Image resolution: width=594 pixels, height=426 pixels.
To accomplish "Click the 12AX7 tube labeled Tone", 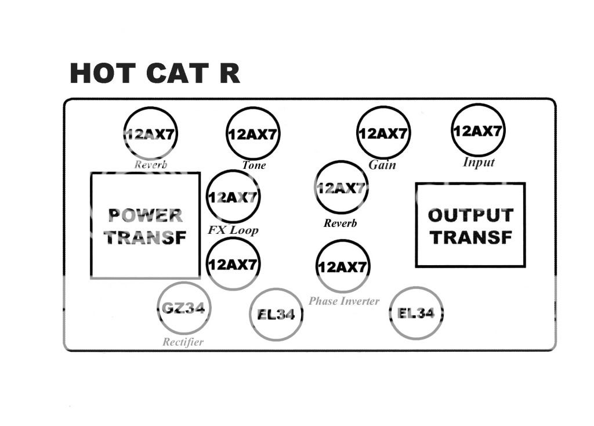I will [x=252, y=133].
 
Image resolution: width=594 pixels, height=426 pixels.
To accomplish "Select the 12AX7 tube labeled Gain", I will [x=382, y=133].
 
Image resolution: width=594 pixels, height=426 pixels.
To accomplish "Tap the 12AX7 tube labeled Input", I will [x=478, y=131].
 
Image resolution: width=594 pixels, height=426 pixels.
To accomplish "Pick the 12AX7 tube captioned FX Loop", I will [x=233, y=197].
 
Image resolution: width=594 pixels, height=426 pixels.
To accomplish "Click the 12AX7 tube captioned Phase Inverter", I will [x=343, y=266].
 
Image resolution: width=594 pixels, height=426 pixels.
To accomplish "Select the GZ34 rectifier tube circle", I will [x=184, y=308].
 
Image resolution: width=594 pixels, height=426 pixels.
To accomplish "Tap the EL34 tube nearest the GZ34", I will [x=276, y=315].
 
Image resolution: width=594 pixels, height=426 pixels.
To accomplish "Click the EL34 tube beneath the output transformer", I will [x=416, y=313].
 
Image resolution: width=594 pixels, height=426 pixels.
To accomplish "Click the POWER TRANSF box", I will [x=146, y=226].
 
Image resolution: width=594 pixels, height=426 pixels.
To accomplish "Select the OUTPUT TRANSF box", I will [x=470, y=225].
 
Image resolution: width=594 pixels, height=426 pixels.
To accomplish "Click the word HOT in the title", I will [x=103, y=74].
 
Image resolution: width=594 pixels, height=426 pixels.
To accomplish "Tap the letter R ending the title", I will [x=229, y=74].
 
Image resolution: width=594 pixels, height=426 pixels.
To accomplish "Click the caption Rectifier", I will [x=183, y=342].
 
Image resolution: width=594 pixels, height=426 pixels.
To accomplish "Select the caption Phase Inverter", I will [x=344, y=301].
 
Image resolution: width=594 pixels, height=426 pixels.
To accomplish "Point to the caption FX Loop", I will [x=233, y=230].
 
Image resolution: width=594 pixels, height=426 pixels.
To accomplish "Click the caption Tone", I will [x=254, y=165].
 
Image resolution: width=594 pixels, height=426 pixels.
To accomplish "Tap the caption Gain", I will [x=382, y=165].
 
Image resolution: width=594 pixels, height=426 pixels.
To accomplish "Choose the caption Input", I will [x=479, y=163].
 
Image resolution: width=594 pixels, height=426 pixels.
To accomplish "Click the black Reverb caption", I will [x=341, y=223].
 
